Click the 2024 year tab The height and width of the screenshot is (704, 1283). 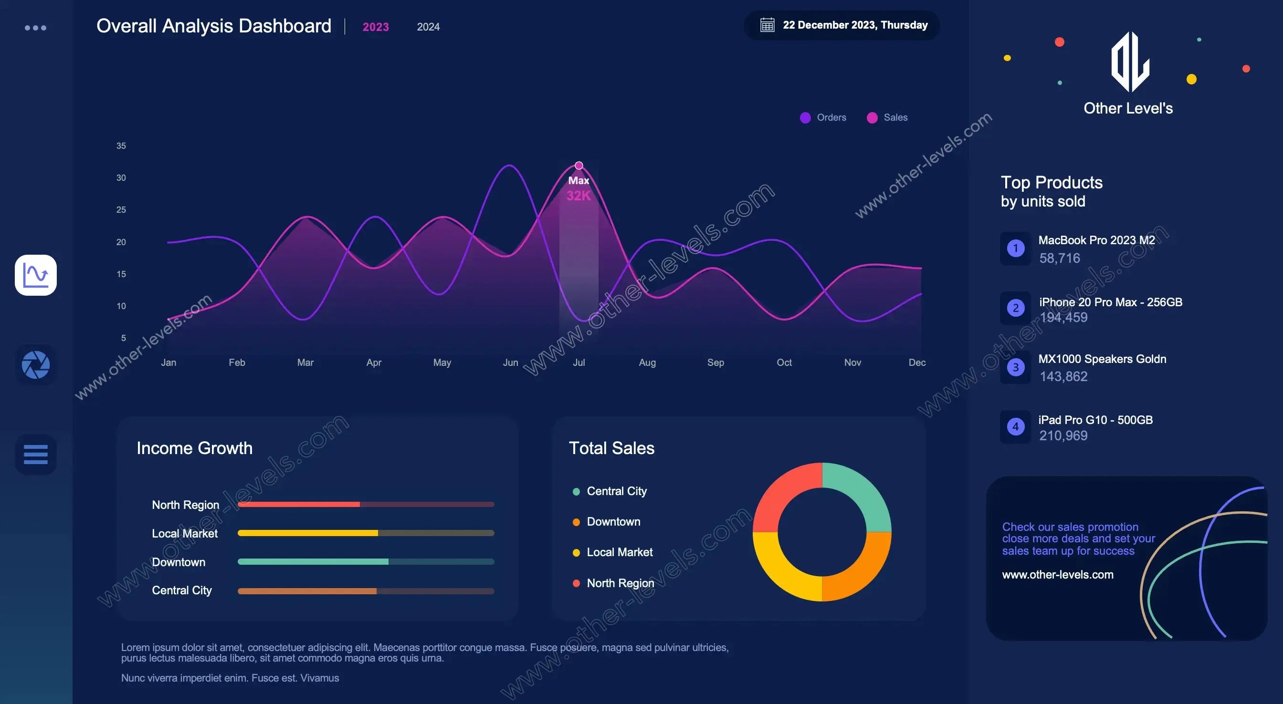pyautogui.click(x=428, y=27)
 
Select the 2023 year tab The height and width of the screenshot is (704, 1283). pyautogui.click(x=376, y=27)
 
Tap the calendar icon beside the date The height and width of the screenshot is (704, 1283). pyautogui.click(x=767, y=25)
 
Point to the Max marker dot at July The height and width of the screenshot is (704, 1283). pyautogui.click(x=579, y=166)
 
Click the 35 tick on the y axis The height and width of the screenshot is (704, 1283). pyautogui.click(x=121, y=146)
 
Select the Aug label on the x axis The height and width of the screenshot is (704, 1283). pyautogui.click(x=647, y=362)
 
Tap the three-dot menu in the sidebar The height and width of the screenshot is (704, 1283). pyautogui.click(x=35, y=28)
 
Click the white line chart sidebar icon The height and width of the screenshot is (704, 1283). pyautogui.click(x=35, y=275)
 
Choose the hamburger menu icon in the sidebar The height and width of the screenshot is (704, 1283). pyautogui.click(x=35, y=454)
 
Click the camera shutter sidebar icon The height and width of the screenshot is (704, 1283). pyautogui.click(x=35, y=364)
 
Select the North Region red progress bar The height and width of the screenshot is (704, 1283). pyautogui.click(x=299, y=504)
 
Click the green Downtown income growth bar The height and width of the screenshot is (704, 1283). pyautogui.click(x=313, y=561)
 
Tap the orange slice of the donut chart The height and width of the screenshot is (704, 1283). pyautogui.click(x=859, y=568)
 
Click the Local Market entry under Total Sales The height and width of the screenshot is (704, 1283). pyautogui.click(x=619, y=552)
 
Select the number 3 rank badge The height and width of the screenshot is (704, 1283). pyautogui.click(x=1016, y=367)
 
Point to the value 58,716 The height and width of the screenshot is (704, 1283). pyautogui.click(x=1059, y=258)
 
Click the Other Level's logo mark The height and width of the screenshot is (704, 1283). pyautogui.click(x=1130, y=62)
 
